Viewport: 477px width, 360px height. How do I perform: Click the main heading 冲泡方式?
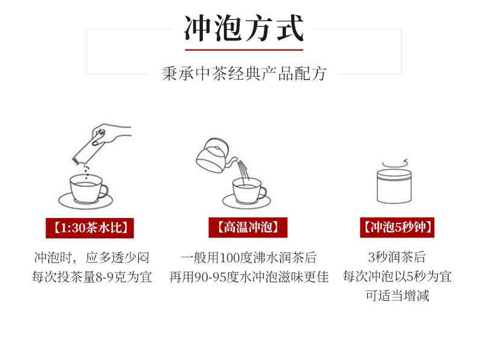pos(243,28)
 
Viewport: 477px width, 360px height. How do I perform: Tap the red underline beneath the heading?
pos(244,50)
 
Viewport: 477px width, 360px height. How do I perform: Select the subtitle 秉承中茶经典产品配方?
pos(244,74)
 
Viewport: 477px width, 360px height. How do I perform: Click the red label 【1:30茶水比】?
pos(90,228)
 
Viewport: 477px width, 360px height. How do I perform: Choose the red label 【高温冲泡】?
pos(248,227)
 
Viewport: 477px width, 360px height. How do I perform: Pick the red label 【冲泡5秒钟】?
pos(397,227)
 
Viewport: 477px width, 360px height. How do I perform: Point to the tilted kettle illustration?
pos(217,156)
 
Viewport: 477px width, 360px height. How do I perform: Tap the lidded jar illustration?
pos(394,186)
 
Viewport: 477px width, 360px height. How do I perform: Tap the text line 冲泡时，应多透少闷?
pos(92,258)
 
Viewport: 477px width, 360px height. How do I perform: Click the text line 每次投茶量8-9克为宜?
pos(92,277)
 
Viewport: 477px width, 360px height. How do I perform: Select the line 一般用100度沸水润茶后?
pos(249,258)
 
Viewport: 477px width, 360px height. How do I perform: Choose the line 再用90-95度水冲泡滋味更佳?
pos(249,277)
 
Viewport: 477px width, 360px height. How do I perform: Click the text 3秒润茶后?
pos(397,257)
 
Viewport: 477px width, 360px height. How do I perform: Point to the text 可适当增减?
pos(397,295)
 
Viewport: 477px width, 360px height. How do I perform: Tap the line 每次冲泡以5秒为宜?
pos(397,277)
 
